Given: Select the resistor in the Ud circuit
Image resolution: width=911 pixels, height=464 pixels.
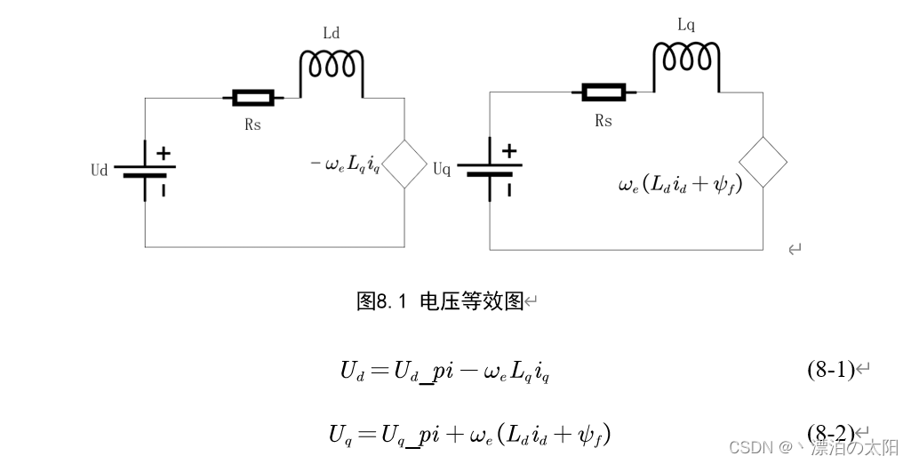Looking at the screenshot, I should pos(252,97).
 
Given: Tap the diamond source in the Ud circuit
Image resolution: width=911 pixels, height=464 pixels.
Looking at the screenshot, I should pos(404,164).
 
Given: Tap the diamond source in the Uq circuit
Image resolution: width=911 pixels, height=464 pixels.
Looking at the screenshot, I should pos(763,160).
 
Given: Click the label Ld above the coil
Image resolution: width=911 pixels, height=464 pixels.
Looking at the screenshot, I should pos(331,34).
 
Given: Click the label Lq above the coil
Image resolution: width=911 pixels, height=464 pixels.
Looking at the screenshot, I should pos(685,26).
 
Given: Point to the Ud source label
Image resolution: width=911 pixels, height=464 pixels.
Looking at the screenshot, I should pos(99,170).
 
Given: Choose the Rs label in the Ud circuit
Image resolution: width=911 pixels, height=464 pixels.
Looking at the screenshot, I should pos(253,125).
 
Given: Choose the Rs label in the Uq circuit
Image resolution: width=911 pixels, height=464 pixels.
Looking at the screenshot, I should pos(603,121).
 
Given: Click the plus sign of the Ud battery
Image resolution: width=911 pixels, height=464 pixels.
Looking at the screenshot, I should pos(164,154).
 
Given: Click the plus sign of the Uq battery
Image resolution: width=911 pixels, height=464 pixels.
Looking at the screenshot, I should pos(509,151).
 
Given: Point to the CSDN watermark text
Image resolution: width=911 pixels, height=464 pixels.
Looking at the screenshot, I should pos(813,447).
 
